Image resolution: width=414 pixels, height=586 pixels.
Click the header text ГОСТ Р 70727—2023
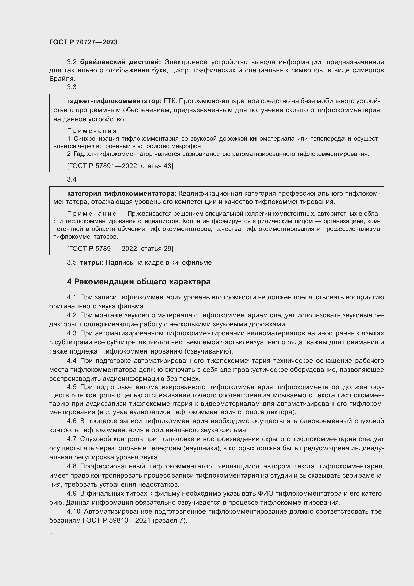(x=83, y=42)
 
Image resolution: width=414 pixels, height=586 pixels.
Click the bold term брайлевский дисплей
(x=120, y=62)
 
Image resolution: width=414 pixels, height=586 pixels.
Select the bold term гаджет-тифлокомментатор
(x=114, y=101)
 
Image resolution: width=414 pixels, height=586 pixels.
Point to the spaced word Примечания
(x=92, y=131)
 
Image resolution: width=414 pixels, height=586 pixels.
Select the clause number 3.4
(x=72, y=179)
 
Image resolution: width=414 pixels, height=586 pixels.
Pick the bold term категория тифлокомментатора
(x=122, y=194)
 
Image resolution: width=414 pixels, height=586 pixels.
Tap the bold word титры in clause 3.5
(x=92, y=262)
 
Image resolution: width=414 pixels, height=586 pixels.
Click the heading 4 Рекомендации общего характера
(x=139, y=282)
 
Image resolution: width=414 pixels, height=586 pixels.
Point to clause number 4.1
(x=72, y=297)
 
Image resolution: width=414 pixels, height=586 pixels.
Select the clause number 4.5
(x=72, y=387)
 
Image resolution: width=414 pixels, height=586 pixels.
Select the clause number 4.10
(x=73, y=512)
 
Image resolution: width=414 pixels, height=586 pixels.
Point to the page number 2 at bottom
(x=51, y=533)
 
